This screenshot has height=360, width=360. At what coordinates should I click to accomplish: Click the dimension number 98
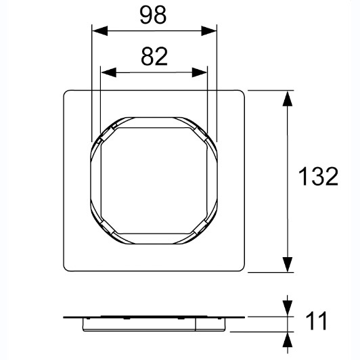click(x=153, y=15)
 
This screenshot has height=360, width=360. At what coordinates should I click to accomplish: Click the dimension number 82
click(x=154, y=56)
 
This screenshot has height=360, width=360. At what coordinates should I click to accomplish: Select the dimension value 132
click(x=318, y=176)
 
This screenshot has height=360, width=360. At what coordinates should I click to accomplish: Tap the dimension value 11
click(x=316, y=321)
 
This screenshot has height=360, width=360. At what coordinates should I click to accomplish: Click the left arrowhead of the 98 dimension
click(x=99, y=30)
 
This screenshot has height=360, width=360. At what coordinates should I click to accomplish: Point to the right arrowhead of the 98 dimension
click(x=209, y=30)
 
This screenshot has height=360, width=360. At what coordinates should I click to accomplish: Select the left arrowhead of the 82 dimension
click(x=108, y=72)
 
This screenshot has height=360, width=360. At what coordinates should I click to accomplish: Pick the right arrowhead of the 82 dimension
click(x=200, y=72)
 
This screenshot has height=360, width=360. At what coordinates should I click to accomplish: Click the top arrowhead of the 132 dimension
click(x=288, y=98)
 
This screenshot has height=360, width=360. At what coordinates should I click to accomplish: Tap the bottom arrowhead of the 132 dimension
click(x=288, y=265)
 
